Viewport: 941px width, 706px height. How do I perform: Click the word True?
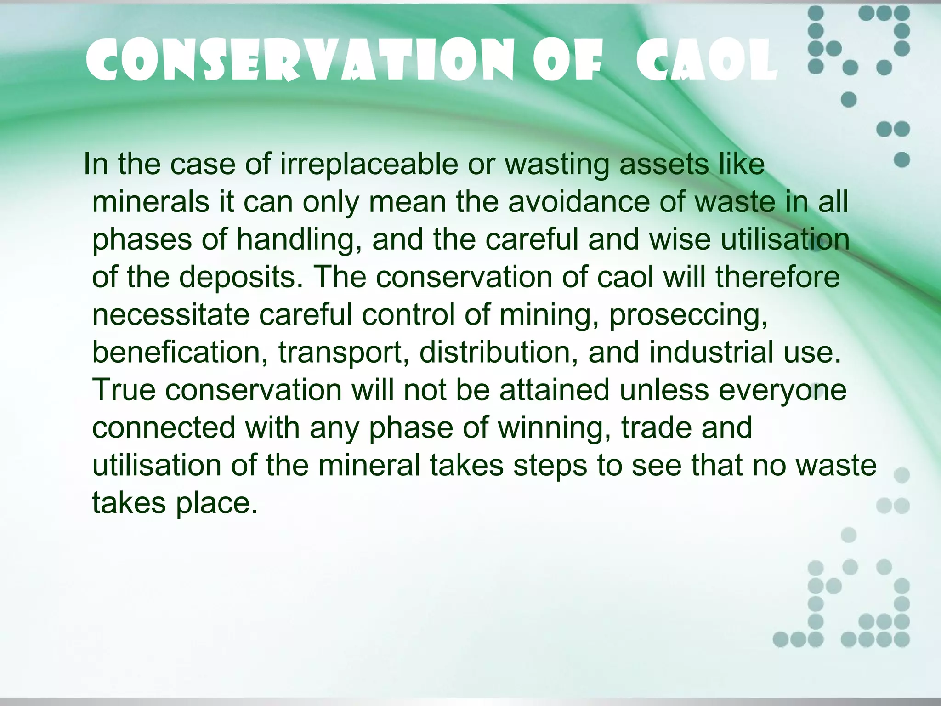pos(124,390)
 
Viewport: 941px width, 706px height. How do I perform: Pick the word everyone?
pos(782,390)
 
